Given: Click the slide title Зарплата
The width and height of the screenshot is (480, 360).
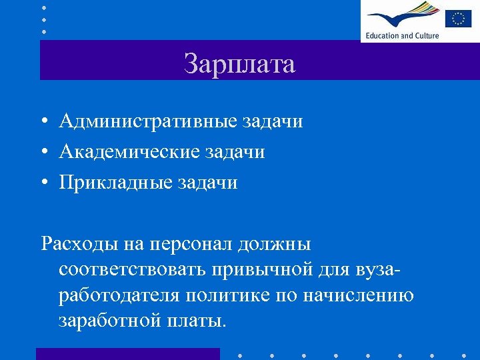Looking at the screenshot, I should [239, 65].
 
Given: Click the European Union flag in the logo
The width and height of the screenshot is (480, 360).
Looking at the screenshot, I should [458, 17].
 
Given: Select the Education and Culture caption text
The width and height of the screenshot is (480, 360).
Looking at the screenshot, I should [402, 35].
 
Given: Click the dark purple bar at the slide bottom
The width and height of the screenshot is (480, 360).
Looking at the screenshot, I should [127, 353].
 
